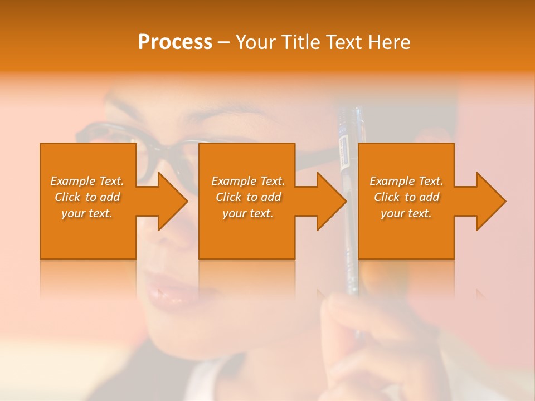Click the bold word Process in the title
[175, 42]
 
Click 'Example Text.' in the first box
[87, 181]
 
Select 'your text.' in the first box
[87, 213]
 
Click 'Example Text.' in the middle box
[248, 181]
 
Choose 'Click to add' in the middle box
[248, 197]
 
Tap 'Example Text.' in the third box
[406, 181]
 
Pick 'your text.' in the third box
[406, 213]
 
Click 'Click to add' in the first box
[87, 197]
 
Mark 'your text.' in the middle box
[248, 213]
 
